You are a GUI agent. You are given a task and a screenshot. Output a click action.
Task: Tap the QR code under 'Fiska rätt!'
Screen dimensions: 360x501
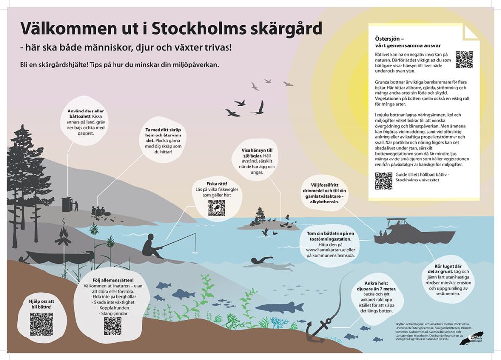[216, 208]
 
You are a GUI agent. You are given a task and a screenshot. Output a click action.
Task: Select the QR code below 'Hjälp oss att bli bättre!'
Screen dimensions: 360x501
[41, 324]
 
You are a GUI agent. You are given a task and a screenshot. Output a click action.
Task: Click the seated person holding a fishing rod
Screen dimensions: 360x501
[153, 247]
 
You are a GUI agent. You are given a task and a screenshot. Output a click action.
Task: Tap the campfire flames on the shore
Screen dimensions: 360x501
[63, 237]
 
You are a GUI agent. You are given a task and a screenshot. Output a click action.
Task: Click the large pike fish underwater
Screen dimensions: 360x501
[280, 307]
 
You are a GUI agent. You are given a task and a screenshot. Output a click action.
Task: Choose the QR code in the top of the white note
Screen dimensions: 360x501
[464, 59]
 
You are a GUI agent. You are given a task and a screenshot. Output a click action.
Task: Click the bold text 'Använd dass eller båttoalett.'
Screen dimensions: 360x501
[86, 114]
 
